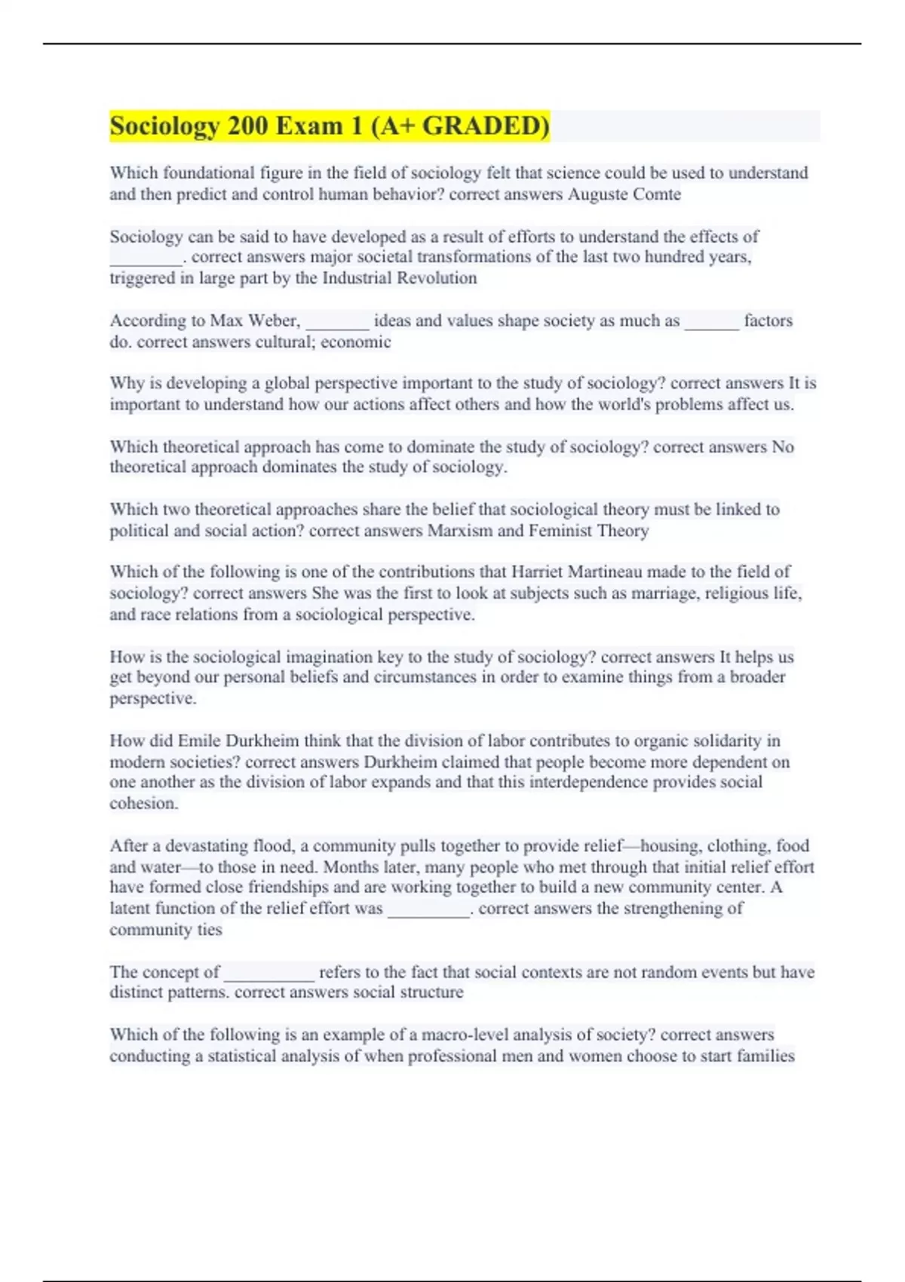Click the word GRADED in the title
pos(485,126)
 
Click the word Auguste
pos(597,195)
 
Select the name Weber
pos(274,320)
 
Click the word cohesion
pos(143,804)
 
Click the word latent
pos(129,909)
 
